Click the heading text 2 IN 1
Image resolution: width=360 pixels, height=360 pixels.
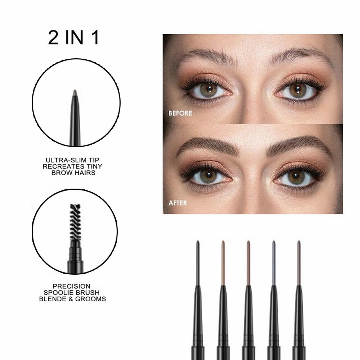coord(73,38)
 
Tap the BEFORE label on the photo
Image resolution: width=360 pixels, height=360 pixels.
coord(180,113)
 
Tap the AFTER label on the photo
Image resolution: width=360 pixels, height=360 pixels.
coord(177,203)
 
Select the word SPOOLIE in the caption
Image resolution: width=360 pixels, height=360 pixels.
coord(59,292)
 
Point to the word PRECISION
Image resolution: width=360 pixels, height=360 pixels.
coord(71,286)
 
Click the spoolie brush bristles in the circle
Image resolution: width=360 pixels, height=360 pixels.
coord(75,222)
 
